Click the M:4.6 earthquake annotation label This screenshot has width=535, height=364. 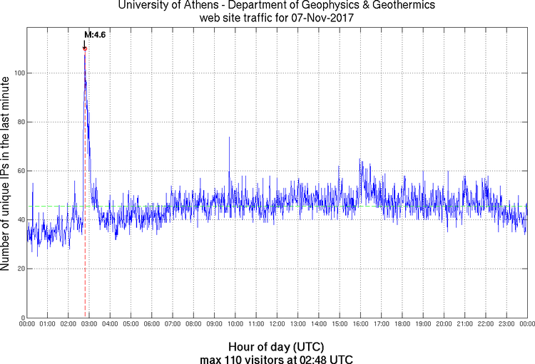[95, 34]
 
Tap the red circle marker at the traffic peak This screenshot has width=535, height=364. [85, 48]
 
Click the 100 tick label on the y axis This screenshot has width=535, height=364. [18, 73]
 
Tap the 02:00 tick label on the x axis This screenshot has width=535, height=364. [68, 324]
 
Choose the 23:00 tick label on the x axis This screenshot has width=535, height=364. [506, 324]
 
